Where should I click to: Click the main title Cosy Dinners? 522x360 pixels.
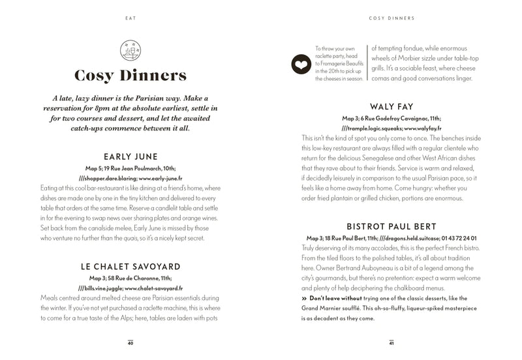coord(130,76)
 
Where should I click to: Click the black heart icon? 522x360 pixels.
coord(301,64)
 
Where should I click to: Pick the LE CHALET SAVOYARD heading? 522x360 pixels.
coord(130,266)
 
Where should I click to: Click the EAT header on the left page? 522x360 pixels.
coord(130,18)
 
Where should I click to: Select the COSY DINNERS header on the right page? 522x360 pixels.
coord(391,18)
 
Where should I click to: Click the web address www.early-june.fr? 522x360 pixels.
coord(159,178)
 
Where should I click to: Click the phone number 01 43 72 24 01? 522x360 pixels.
coord(459,239)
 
